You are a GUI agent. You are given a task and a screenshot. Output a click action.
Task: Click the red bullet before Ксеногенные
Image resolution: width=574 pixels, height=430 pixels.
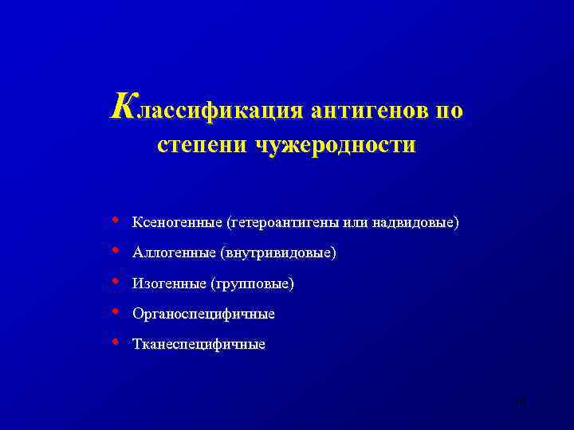pyautogui.click(x=117, y=219)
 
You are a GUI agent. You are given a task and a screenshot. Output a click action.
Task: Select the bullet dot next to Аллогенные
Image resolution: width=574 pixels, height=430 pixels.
pyautogui.click(x=117, y=251)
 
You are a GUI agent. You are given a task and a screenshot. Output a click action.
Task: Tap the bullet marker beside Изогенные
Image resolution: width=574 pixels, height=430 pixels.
pyautogui.click(x=117, y=282)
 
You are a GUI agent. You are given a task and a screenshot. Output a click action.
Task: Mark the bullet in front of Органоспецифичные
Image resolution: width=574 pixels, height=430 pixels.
pyautogui.click(x=117, y=312)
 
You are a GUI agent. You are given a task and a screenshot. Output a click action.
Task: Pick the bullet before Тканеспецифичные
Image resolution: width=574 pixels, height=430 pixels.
pyautogui.click(x=117, y=343)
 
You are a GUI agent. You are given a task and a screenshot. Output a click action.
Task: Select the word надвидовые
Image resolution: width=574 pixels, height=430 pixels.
pyautogui.click(x=417, y=221)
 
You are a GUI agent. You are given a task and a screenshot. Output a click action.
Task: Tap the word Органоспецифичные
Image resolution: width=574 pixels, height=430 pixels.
pyautogui.click(x=203, y=315)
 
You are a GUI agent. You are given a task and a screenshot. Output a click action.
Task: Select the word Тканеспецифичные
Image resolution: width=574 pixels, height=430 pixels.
pyautogui.click(x=199, y=346)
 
